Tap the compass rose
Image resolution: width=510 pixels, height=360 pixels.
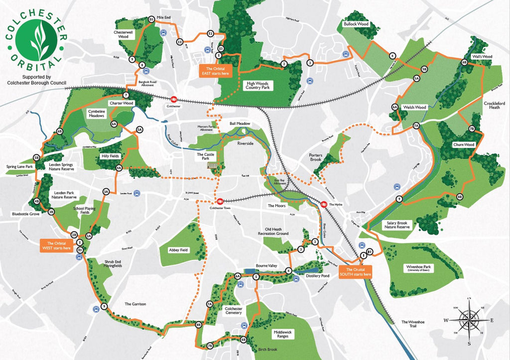(x=469, y=320)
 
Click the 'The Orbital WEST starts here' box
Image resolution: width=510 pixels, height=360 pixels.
(x=57, y=245)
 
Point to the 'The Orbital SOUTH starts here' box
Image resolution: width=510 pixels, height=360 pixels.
(x=355, y=272)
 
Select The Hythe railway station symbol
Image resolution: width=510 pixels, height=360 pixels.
(x=323, y=204)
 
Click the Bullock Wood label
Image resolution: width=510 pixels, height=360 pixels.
(x=356, y=24)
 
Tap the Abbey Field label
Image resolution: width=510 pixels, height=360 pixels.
(x=177, y=250)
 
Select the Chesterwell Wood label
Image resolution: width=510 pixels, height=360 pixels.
(x=124, y=34)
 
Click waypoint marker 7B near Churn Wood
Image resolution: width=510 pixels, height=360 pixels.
(x=472, y=129)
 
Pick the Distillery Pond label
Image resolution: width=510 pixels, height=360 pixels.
(x=318, y=276)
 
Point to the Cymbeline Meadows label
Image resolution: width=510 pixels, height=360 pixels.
(x=96, y=114)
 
